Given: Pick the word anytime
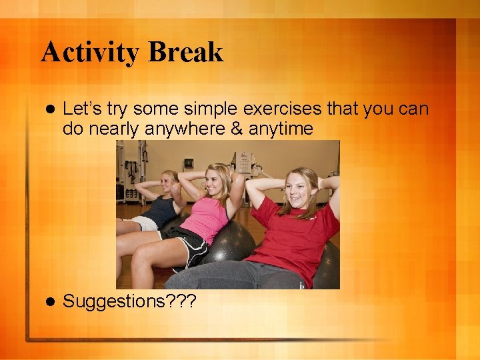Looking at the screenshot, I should pyautogui.click(x=280, y=129).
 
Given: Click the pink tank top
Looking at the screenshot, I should pyautogui.click(x=207, y=218).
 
